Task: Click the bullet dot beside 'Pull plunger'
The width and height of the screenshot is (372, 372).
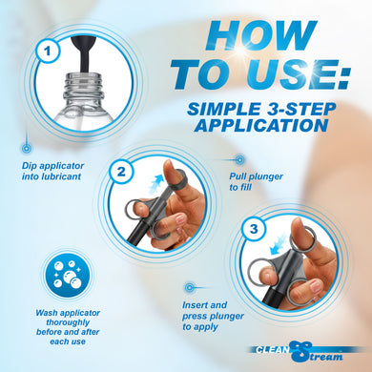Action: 239,158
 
